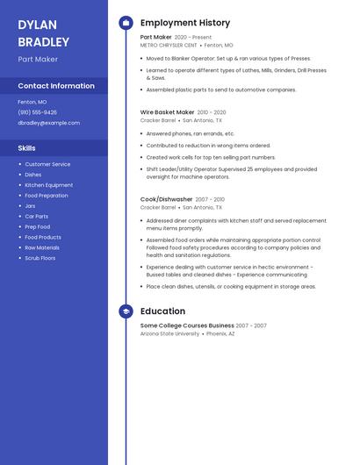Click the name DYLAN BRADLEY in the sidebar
pos(43,33)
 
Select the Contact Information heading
pos(56,86)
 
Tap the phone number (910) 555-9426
pos(37,112)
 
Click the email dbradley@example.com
pos(48,123)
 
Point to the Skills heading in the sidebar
pos(26,148)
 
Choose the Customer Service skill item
pos(47,164)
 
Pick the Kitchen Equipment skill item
pos(48,185)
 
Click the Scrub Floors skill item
pos(40,258)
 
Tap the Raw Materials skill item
pos(42,247)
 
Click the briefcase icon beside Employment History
pos(126,23)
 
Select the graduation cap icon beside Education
pos(126,311)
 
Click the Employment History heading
pos(185,23)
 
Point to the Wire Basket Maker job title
pos(167,112)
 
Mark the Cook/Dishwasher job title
pos(166,199)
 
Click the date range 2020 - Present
pos(193,38)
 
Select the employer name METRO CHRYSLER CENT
pos(169,45)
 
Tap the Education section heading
pos(162,311)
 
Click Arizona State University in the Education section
pos(169,333)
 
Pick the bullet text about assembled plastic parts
pos(221,89)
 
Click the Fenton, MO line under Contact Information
pos(32,102)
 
